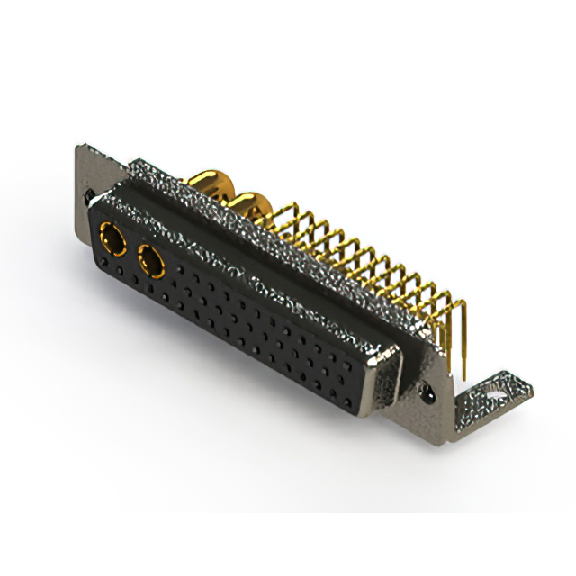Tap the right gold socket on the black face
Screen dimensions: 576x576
(x=150, y=263)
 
